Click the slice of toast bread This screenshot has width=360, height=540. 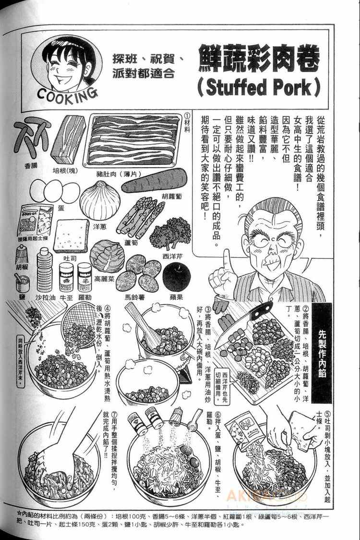(71, 235)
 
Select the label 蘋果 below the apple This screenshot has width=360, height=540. (176, 298)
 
